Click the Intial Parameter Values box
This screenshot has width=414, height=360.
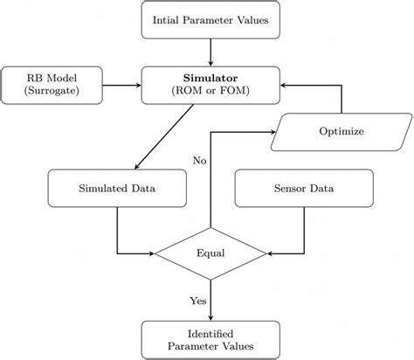coord(210,20)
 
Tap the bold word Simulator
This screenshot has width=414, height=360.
coord(210,78)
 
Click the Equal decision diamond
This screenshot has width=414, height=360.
coord(210,254)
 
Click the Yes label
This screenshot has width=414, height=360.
coord(197,300)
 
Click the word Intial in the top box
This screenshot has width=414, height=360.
coord(169,20)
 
